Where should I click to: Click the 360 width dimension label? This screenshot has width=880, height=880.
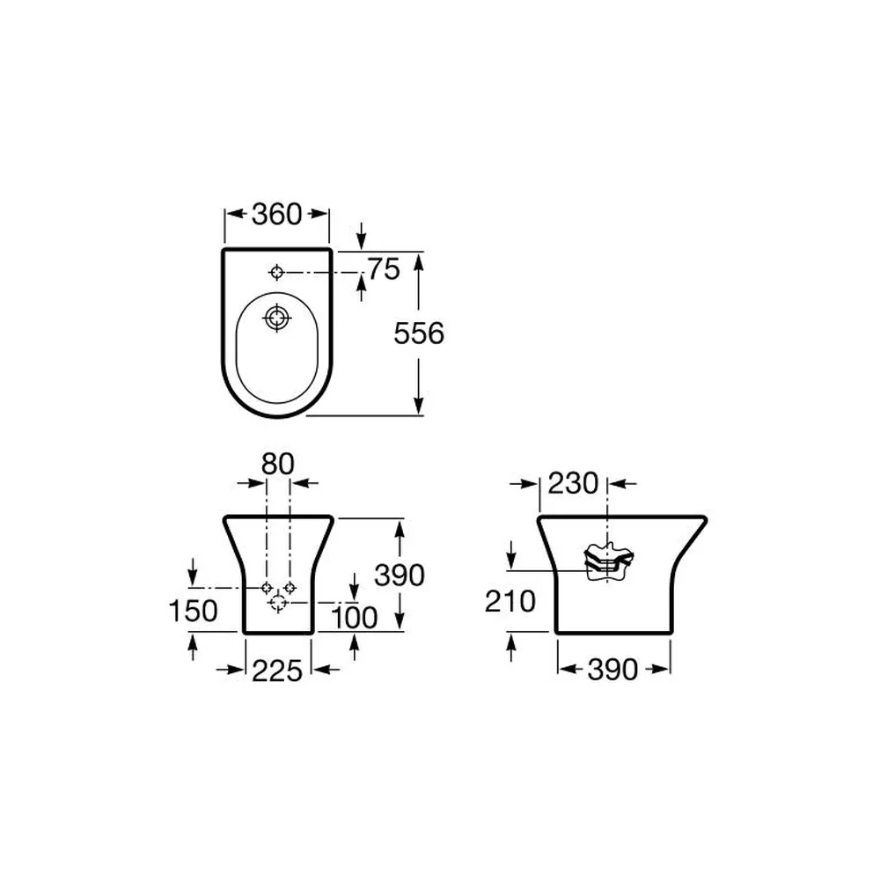[x=276, y=214]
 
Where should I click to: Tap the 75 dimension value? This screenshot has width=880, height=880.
[x=384, y=268]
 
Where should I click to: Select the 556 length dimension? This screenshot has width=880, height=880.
[x=419, y=334]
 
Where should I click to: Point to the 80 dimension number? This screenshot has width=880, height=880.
[x=278, y=464]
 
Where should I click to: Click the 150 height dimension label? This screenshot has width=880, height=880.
[x=193, y=611]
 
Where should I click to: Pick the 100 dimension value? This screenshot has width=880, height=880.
[x=354, y=618]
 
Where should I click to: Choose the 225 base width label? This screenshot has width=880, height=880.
[x=277, y=671]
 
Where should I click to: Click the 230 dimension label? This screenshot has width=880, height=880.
[x=573, y=483]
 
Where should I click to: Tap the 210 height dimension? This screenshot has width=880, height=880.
[x=510, y=602]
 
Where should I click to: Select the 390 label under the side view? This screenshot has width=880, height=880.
[x=612, y=670]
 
